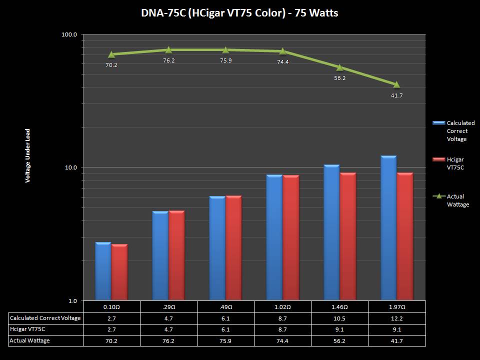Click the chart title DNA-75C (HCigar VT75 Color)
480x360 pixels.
[239, 13]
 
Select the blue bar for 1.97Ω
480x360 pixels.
[388, 228]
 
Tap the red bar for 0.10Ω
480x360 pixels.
[119, 272]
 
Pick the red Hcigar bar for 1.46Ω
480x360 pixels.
[347, 236]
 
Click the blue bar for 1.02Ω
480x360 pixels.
[274, 237]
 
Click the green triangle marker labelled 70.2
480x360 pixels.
[111, 54]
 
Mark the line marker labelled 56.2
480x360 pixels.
[340, 67]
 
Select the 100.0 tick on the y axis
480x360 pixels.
[69, 34]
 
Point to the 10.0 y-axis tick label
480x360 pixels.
[70, 167]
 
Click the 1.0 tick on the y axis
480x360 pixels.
[72, 300]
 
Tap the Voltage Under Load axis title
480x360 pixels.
[28, 155]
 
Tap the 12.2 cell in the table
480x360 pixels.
[397, 318]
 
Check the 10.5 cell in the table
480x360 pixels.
[340, 318]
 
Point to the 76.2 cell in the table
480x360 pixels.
[169, 340]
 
